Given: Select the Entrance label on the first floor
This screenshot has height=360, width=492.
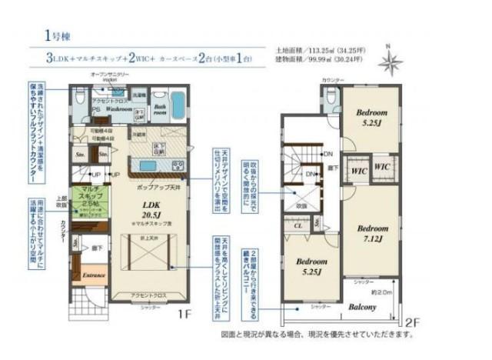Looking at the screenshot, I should (94, 274).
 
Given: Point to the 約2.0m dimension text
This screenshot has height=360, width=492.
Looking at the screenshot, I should (382, 292).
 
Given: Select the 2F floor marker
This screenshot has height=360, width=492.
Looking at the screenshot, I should (412, 322).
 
